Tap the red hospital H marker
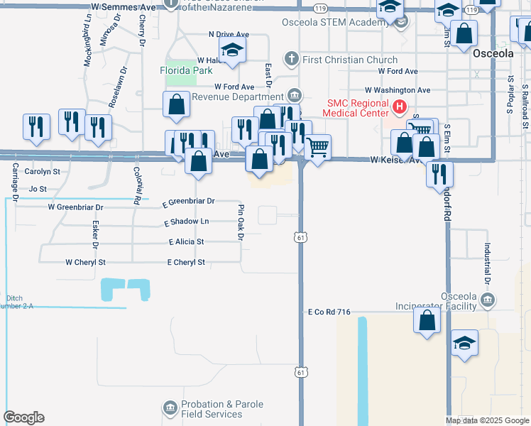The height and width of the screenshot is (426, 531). pyautogui.click(x=399, y=108)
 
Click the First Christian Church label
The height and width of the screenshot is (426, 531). pyautogui.click(x=350, y=60)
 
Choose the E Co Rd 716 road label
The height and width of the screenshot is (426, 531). pyautogui.click(x=329, y=312)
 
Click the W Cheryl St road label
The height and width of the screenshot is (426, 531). pyautogui.click(x=85, y=262)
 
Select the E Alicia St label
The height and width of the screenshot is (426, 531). pyautogui.click(x=187, y=242)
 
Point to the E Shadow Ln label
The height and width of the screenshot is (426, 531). pyautogui.click(x=187, y=222)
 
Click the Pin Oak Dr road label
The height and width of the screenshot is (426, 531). pyautogui.click(x=241, y=222)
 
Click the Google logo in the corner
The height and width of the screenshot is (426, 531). pyautogui.click(x=23, y=417)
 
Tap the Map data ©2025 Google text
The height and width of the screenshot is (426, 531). pyautogui.click(x=487, y=420)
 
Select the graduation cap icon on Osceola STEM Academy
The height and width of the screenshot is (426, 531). pyautogui.click(x=390, y=9)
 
